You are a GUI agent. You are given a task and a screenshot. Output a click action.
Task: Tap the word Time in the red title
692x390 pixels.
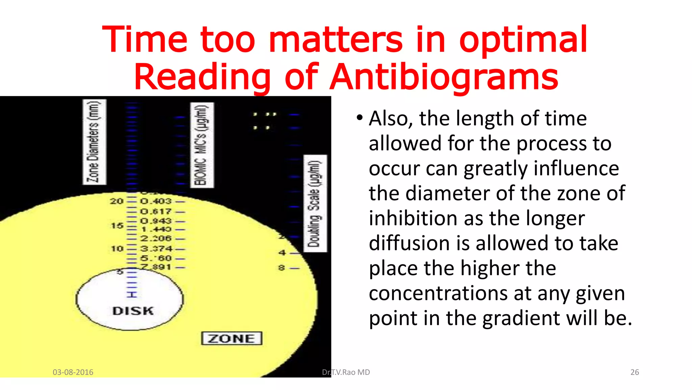(145, 40)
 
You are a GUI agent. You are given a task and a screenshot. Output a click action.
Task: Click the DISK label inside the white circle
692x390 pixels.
(133, 311)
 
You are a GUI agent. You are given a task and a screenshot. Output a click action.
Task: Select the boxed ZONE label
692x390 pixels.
(232, 338)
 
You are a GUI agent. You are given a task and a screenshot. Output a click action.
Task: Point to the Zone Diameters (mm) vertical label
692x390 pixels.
(94, 142)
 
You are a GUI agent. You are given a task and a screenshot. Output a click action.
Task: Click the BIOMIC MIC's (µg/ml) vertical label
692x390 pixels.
(202, 145)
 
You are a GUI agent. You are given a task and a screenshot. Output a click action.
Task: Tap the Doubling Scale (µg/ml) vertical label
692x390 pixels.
(315, 203)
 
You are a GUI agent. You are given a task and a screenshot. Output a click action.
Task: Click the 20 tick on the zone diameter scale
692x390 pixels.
(117, 201)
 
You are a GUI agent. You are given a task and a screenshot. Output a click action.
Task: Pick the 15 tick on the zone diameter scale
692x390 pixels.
(117, 225)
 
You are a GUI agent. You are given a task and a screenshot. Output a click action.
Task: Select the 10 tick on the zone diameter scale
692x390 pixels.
(117, 249)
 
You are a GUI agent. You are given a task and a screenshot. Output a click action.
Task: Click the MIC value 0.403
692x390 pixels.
(156, 201)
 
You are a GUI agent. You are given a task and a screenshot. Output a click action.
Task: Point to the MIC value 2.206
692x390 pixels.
(156, 238)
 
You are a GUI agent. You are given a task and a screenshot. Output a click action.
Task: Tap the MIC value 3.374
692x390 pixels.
(156, 248)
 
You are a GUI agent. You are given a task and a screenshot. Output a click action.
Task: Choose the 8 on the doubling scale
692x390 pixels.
(281, 268)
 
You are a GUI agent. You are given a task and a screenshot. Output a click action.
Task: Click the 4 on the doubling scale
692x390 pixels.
(282, 253)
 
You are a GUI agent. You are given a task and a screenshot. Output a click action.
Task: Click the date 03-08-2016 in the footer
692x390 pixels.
(73, 372)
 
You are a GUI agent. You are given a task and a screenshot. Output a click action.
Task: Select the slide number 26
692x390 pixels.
(635, 372)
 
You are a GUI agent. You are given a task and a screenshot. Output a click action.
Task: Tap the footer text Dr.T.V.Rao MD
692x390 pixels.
(346, 372)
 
